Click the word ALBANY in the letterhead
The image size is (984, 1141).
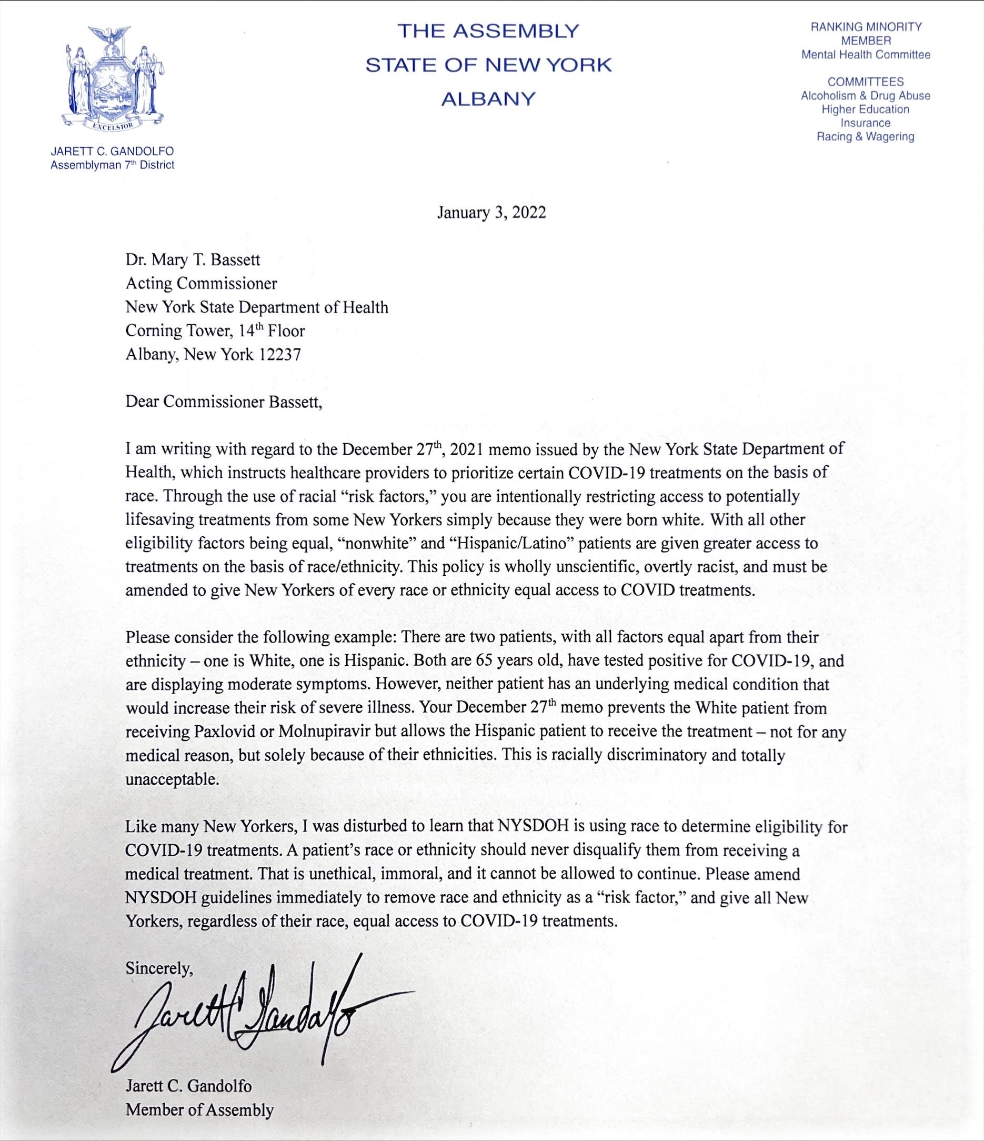[x=489, y=99]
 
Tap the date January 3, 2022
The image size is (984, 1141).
[x=491, y=213]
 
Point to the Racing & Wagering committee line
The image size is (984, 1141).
[x=865, y=136]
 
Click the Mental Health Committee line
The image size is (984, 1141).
[x=866, y=55]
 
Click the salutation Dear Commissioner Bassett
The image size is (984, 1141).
[x=224, y=403]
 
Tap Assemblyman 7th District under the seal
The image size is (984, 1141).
[x=112, y=165]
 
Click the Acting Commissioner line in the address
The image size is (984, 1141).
[x=201, y=283]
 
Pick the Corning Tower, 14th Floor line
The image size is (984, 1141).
[x=215, y=331]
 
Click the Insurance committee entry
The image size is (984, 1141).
[x=865, y=123]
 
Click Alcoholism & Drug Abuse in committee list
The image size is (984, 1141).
[x=865, y=95]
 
